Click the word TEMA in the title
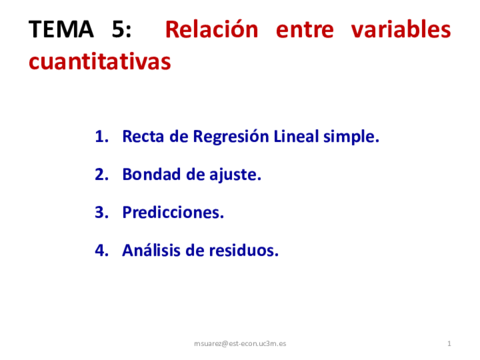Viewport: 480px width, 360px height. (58, 29)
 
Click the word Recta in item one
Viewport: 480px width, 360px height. (141, 136)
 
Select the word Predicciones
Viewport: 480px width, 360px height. (172, 212)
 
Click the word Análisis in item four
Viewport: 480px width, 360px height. (150, 250)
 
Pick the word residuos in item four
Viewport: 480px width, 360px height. (241, 250)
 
